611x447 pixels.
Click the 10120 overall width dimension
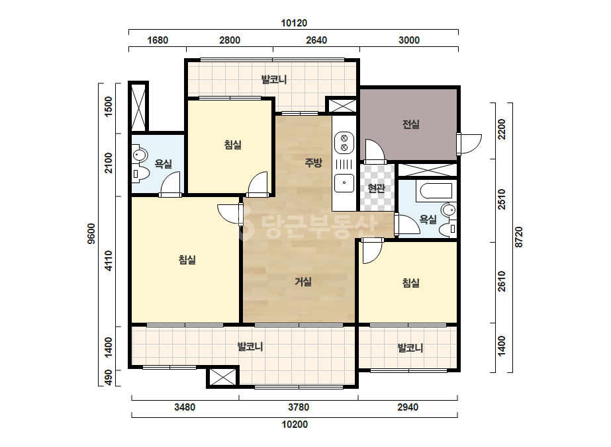coord(294,23)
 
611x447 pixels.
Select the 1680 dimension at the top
coord(158,40)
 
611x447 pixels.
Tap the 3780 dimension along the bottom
coord(299,407)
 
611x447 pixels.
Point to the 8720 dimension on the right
coord(518,237)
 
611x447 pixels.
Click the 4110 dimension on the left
coord(109,261)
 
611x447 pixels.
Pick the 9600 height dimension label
coord(91,233)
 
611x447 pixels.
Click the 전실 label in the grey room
coord(410,124)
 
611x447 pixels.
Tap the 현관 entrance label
coord(377,188)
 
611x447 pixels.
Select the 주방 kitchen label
coord(313,163)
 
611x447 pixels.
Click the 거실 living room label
coord(303,281)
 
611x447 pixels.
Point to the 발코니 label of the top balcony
coord(274,80)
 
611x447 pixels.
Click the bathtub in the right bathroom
coord(434,191)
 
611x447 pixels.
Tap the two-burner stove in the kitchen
coord(344,143)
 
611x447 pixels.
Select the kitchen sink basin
coord(344,183)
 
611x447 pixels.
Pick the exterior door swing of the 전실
coord(469,144)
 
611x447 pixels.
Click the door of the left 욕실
coord(171,184)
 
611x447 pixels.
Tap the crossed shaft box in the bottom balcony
coord(222,376)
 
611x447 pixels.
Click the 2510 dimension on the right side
coord(502,199)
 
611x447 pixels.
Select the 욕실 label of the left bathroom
coord(164,163)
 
